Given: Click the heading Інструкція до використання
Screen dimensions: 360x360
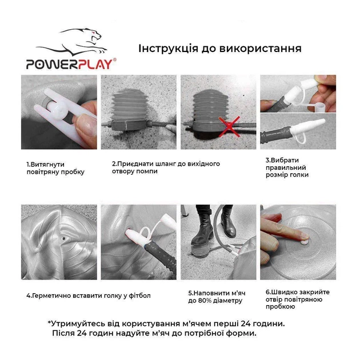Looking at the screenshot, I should pyautogui.click(x=220, y=48).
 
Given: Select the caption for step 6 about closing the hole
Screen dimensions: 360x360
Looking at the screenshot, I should pyautogui.click(x=294, y=299).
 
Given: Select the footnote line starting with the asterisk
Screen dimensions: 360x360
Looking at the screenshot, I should pyautogui.click(x=166, y=323).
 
